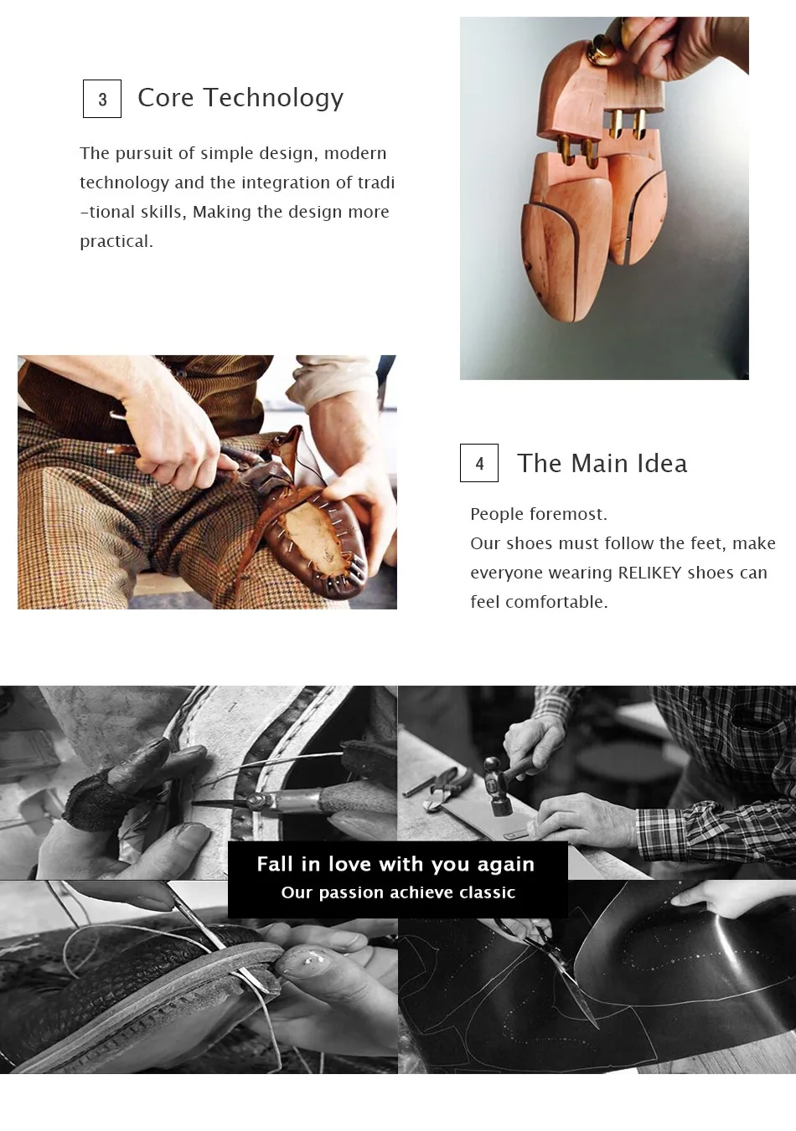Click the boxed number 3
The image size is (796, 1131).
[102, 99]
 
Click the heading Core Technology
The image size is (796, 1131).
[240, 98]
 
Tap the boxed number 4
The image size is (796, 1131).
[479, 463]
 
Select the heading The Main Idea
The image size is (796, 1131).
[602, 463]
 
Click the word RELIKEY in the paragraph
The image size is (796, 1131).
[649, 573]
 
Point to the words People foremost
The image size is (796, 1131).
[538, 514]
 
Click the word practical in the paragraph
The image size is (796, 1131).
[115, 241]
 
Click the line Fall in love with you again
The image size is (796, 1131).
[395, 864]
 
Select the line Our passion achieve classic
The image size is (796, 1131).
[398, 892]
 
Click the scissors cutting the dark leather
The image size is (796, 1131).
[553, 963]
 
